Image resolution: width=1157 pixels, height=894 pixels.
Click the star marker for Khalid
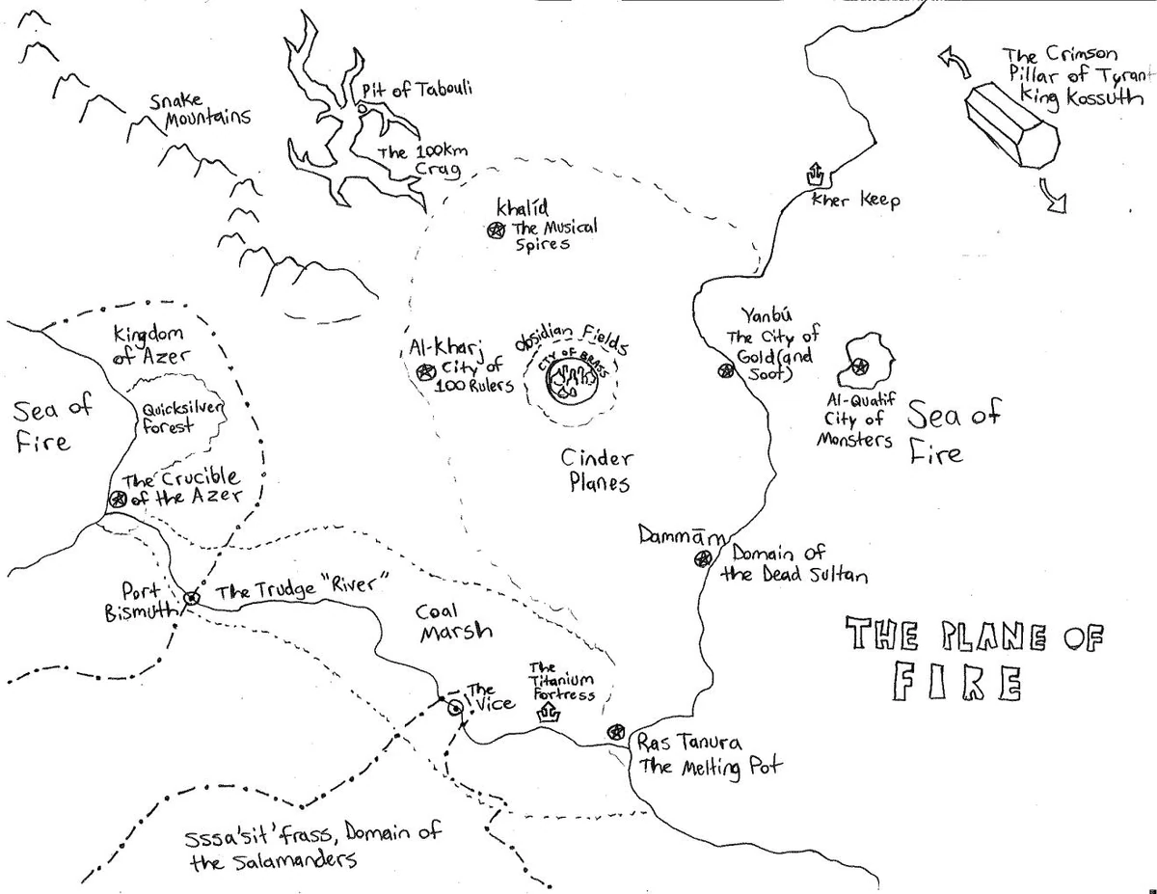point(496,230)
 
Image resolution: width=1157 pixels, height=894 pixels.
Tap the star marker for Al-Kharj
point(423,371)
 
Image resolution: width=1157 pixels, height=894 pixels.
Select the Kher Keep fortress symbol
point(814,175)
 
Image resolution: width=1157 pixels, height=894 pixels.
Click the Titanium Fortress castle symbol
point(550,713)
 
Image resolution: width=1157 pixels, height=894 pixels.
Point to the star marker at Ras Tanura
point(614,733)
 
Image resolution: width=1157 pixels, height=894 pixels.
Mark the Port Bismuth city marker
point(191,598)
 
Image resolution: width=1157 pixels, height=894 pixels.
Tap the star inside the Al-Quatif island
point(858,366)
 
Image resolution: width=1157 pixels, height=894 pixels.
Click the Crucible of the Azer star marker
point(118,499)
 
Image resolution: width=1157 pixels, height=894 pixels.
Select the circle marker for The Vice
point(453,706)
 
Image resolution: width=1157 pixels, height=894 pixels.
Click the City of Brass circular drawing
point(570,380)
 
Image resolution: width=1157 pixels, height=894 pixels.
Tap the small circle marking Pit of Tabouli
point(362,109)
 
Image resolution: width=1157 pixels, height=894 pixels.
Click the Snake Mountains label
point(200,110)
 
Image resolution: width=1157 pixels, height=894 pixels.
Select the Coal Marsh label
point(454,621)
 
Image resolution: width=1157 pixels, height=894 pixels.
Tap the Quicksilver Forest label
point(183,418)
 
